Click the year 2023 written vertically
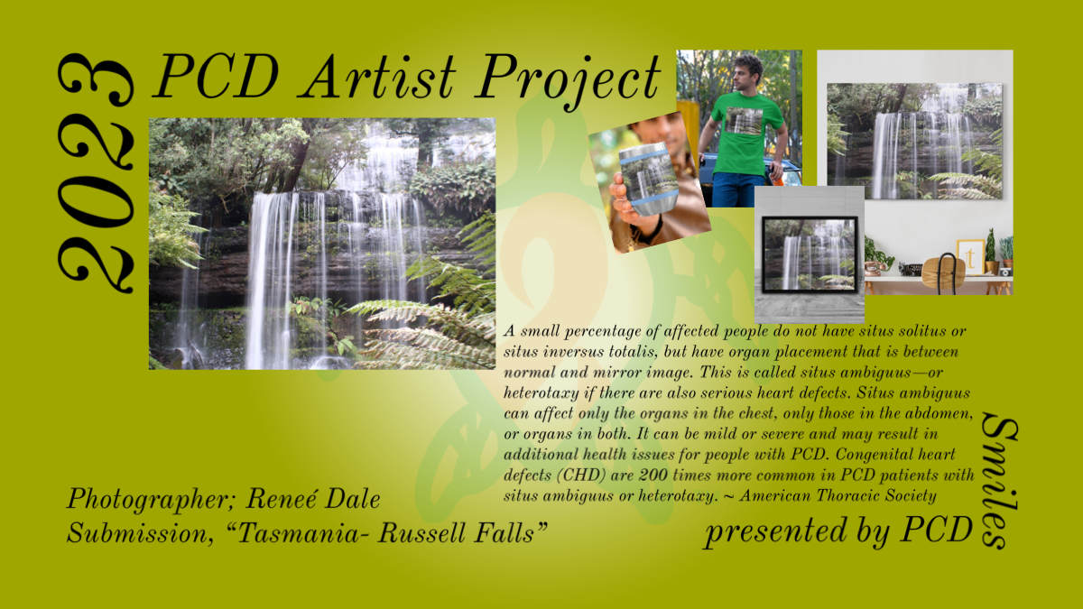[x=96, y=173]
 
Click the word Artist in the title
[x=378, y=77]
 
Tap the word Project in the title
[x=568, y=79]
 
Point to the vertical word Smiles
[x=999, y=481]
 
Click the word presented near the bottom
[x=776, y=531]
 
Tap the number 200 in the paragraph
[x=653, y=475]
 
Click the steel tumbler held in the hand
[x=643, y=179]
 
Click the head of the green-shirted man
[x=747, y=73]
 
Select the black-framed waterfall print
[x=810, y=254]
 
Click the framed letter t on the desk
[x=970, y=256]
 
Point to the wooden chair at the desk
[x=943, y=273]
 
